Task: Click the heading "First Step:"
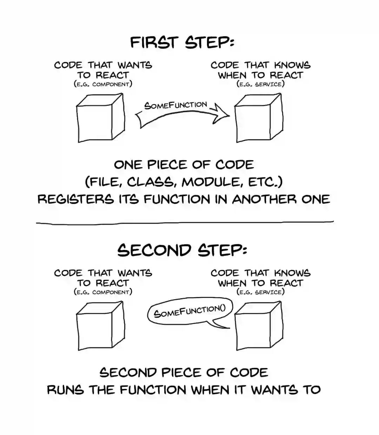182,42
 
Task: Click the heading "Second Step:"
182,250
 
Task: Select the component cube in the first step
100,118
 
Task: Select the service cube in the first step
258,118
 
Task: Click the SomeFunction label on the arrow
175,105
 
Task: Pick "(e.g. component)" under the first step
103,84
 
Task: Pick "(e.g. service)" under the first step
260,84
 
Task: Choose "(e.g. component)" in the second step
103,292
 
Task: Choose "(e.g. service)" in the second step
260,292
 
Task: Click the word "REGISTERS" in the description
75,199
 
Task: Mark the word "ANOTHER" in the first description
264,199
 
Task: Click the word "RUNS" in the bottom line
65,390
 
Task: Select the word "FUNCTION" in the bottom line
153,390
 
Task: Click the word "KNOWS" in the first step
292,65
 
